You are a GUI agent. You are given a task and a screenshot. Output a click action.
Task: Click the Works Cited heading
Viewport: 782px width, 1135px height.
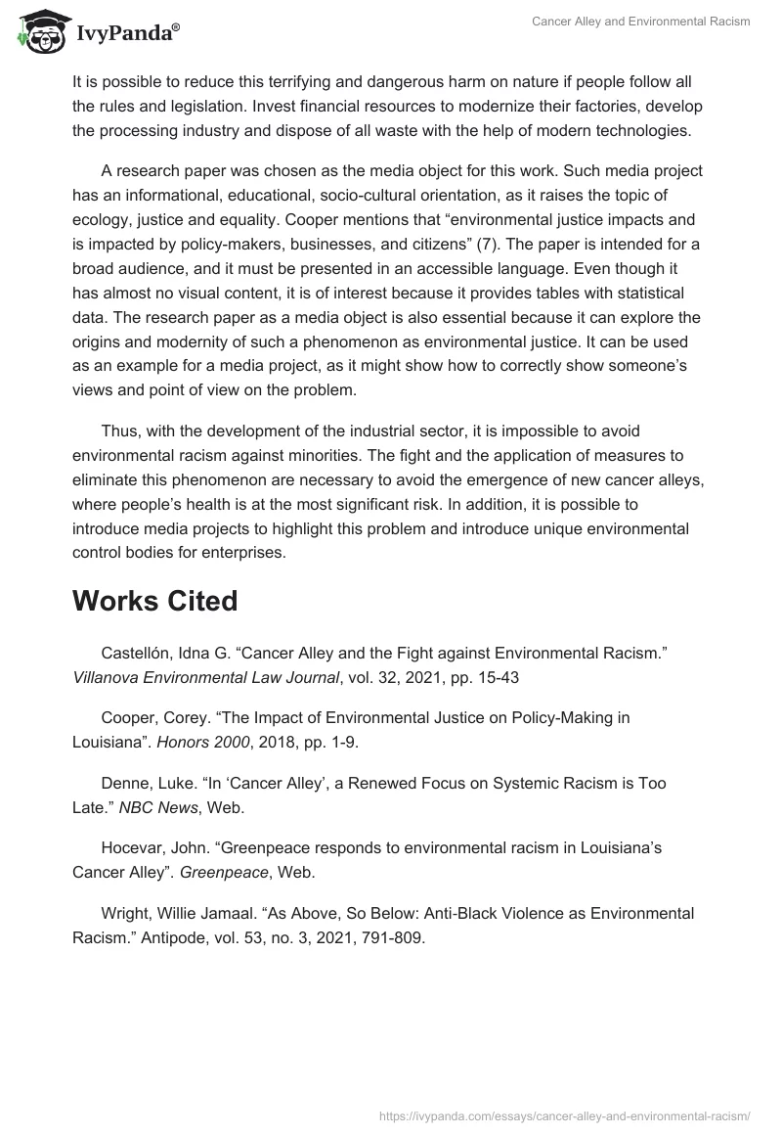[154, 601]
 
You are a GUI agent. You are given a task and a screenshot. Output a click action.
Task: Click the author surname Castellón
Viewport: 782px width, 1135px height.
[137, 652]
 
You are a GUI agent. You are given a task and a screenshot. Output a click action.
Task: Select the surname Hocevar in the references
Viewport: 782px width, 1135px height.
[133, 848]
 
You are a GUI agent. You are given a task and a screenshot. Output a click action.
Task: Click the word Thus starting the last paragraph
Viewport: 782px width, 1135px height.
[120, 431]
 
